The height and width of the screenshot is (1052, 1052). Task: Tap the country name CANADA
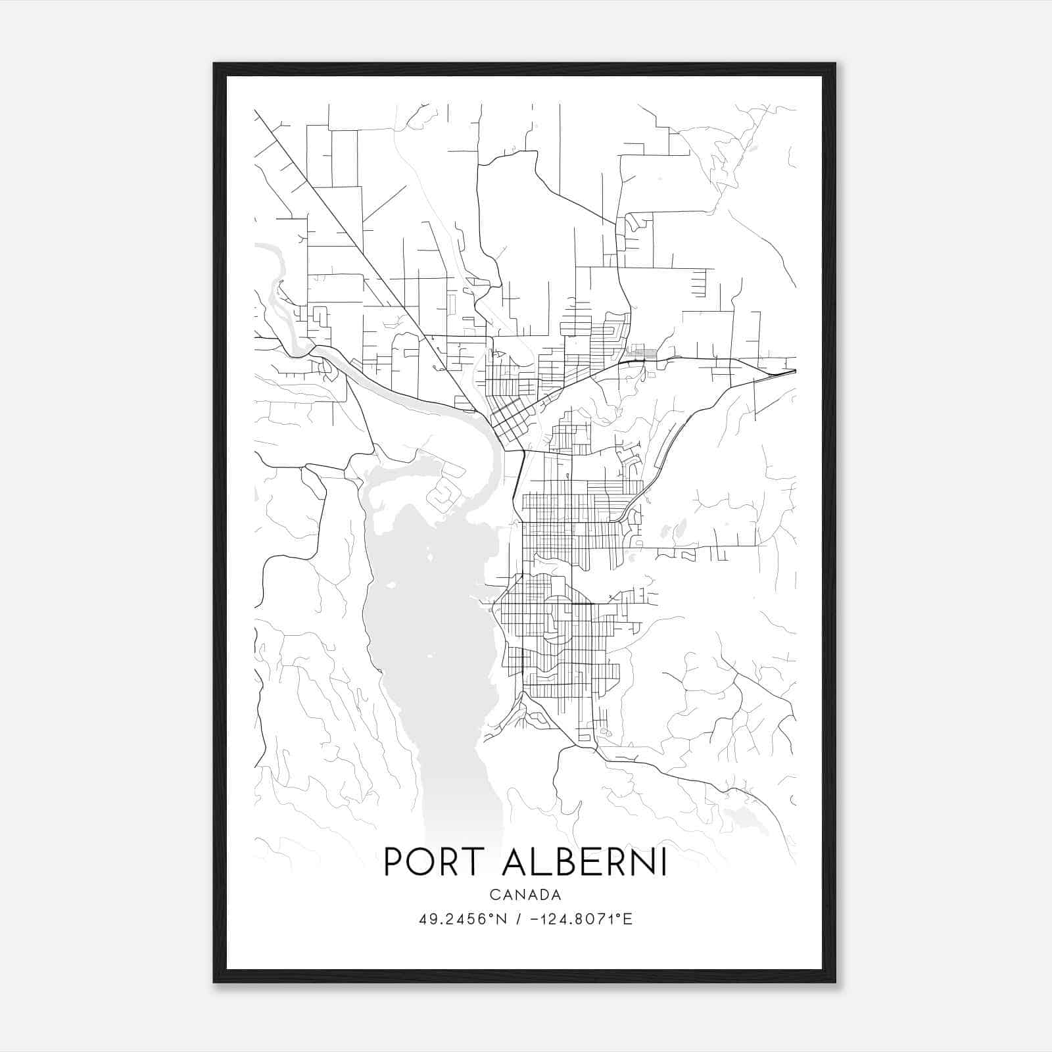525,895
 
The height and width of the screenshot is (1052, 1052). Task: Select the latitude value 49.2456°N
463,919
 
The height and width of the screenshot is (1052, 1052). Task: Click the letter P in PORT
393,862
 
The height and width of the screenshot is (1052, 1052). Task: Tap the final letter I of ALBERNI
663,862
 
